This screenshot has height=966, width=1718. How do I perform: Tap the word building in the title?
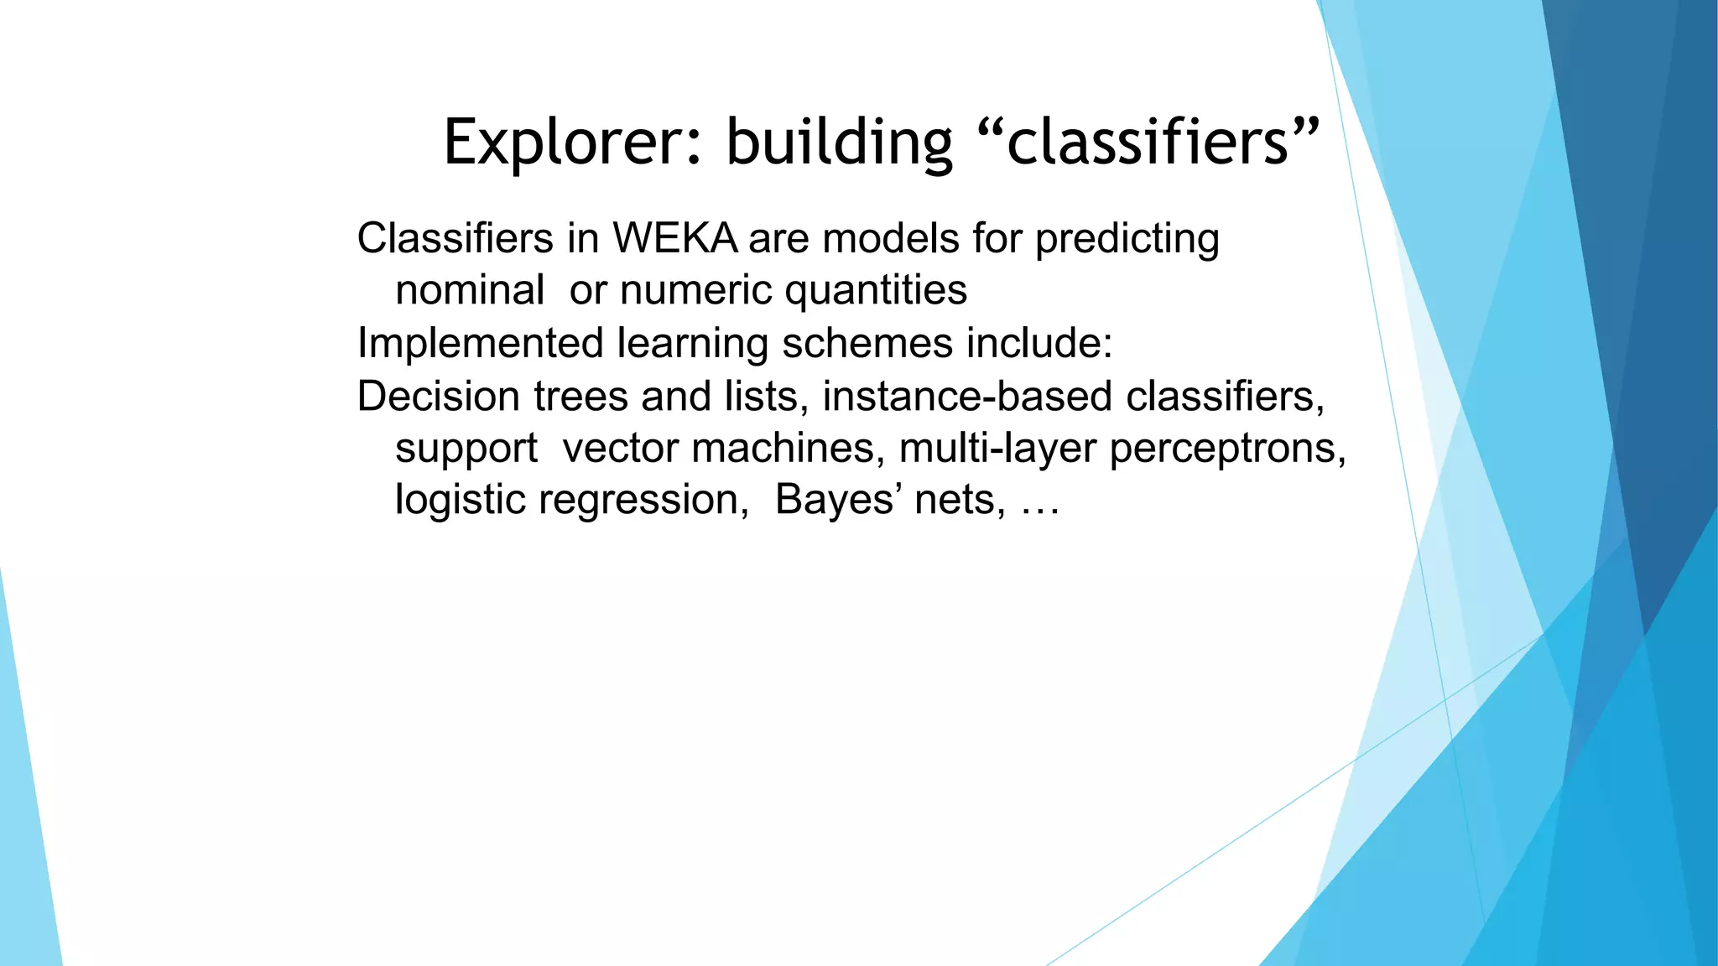[x=839, y=143]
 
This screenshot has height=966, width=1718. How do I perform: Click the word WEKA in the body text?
[x=675, y=238]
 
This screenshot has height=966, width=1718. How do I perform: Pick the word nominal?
[x=470, y=291]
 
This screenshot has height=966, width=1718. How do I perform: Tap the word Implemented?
[x=481, y=344]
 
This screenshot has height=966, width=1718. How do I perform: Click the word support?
[x=466, y=449]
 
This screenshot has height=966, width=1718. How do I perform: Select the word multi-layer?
[x=997, y=449]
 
